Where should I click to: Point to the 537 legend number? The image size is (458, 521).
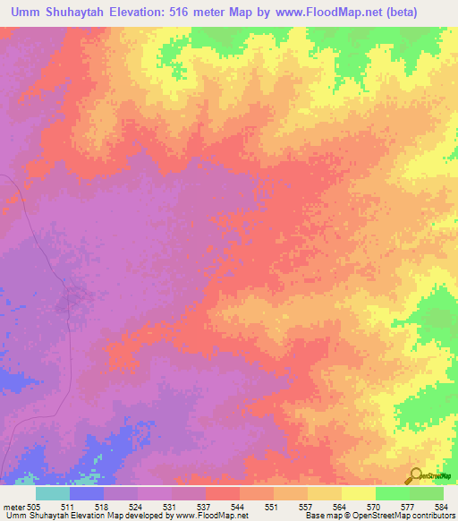click(205, 506)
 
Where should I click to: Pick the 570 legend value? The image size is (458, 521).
click(375, 506)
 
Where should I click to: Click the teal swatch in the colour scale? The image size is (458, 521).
click(52, 493)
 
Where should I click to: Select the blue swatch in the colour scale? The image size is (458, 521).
click(86, 493)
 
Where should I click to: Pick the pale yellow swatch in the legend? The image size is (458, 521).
click(358, 493)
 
